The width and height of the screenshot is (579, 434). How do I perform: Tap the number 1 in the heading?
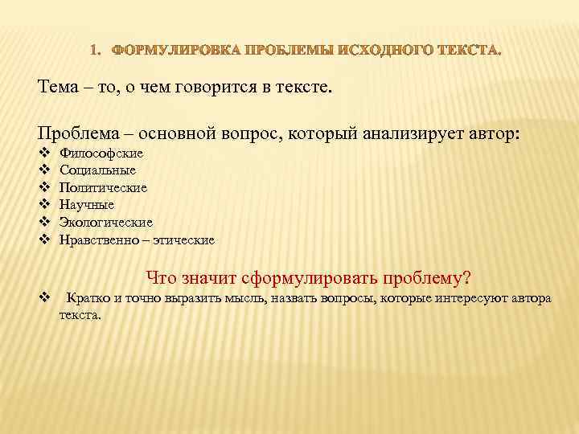coord(94,51)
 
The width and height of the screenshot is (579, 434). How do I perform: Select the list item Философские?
coord(101,153)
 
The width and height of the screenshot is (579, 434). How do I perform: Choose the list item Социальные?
coord(97,170)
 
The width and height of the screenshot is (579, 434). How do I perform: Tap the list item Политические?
coord(103,187)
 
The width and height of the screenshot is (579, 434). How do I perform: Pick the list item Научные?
coord(87,205)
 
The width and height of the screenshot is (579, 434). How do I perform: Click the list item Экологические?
coord(106,222)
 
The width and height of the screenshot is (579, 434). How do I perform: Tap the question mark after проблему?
coord(466,279)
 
